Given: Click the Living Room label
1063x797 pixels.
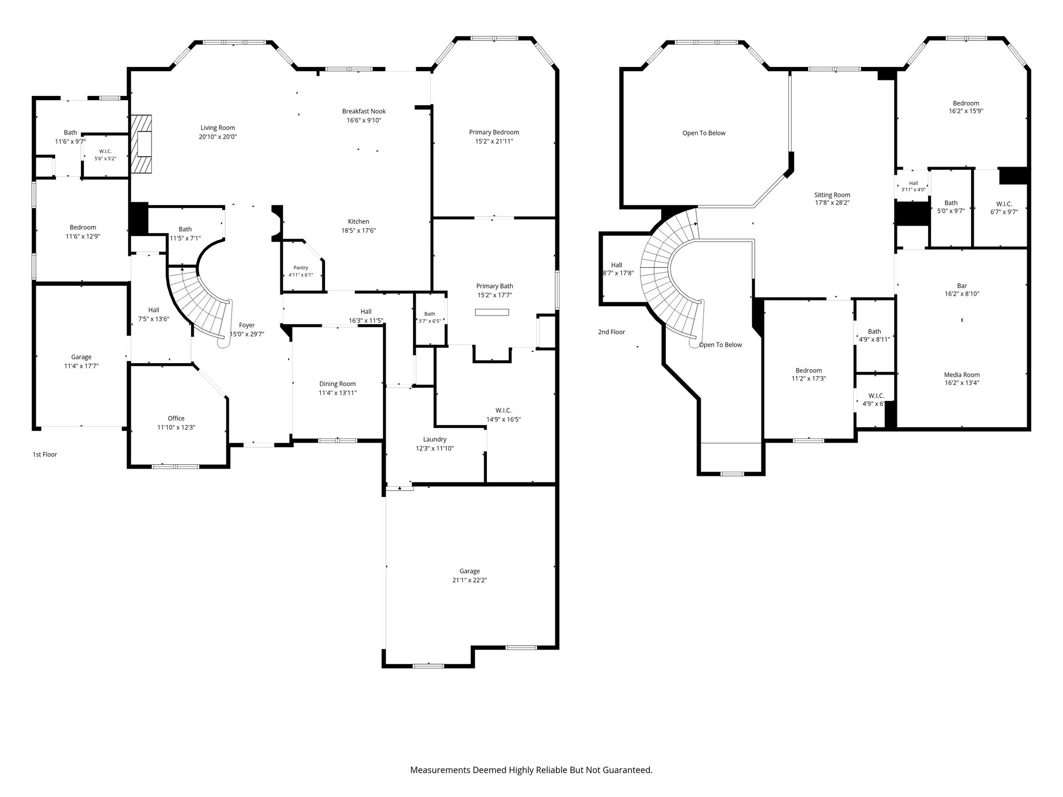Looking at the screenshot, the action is pyautogui.click(x=218, y=128).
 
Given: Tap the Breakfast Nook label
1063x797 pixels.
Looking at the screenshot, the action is pyautogui.click(x=364, y=111).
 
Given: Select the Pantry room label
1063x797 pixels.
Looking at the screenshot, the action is pyautogui.click(x=301, y=268).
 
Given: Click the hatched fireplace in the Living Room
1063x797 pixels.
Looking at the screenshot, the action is pyautogui.click(x=141, y=144).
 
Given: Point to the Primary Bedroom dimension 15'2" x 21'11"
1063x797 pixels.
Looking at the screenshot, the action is pyautogui.click(x=494, y=141).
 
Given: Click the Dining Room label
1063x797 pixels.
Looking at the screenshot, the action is pyautogui.click(x=337, y=384).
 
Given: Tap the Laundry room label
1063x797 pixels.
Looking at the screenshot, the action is pyautogui.click(x=434, y=439).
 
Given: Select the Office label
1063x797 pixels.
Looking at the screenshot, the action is pyautogui.click(x=176, y=418).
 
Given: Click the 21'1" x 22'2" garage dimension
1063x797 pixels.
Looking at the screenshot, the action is pyautogui.click(x=469, y=580).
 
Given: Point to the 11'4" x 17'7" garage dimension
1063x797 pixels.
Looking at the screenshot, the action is pyautogui.click(x=81, y=366).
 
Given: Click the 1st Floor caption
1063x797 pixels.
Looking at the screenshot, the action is pyautogui.click(x=45, y=455).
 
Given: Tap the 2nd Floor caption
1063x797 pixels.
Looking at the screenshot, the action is pyautogui.click(x=611, y=332).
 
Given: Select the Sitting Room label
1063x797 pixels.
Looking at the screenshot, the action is pyautogui.click(x=832, y=195).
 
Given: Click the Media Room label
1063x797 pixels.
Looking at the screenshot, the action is pyautogui.click(x=962, y=375).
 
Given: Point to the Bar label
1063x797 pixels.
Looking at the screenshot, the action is pyautogui.click(x=962, y=285).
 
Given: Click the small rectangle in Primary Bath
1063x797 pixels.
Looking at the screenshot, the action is pyautogui.click(x=492, y=312).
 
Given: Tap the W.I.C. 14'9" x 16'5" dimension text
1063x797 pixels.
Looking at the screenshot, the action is pyautogui.click(x=503, y=419).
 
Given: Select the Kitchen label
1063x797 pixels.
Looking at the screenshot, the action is pyautogui.click(x=359, y=222).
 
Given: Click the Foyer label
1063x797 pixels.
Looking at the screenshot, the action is pyautogui.click(x=247, y=325).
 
